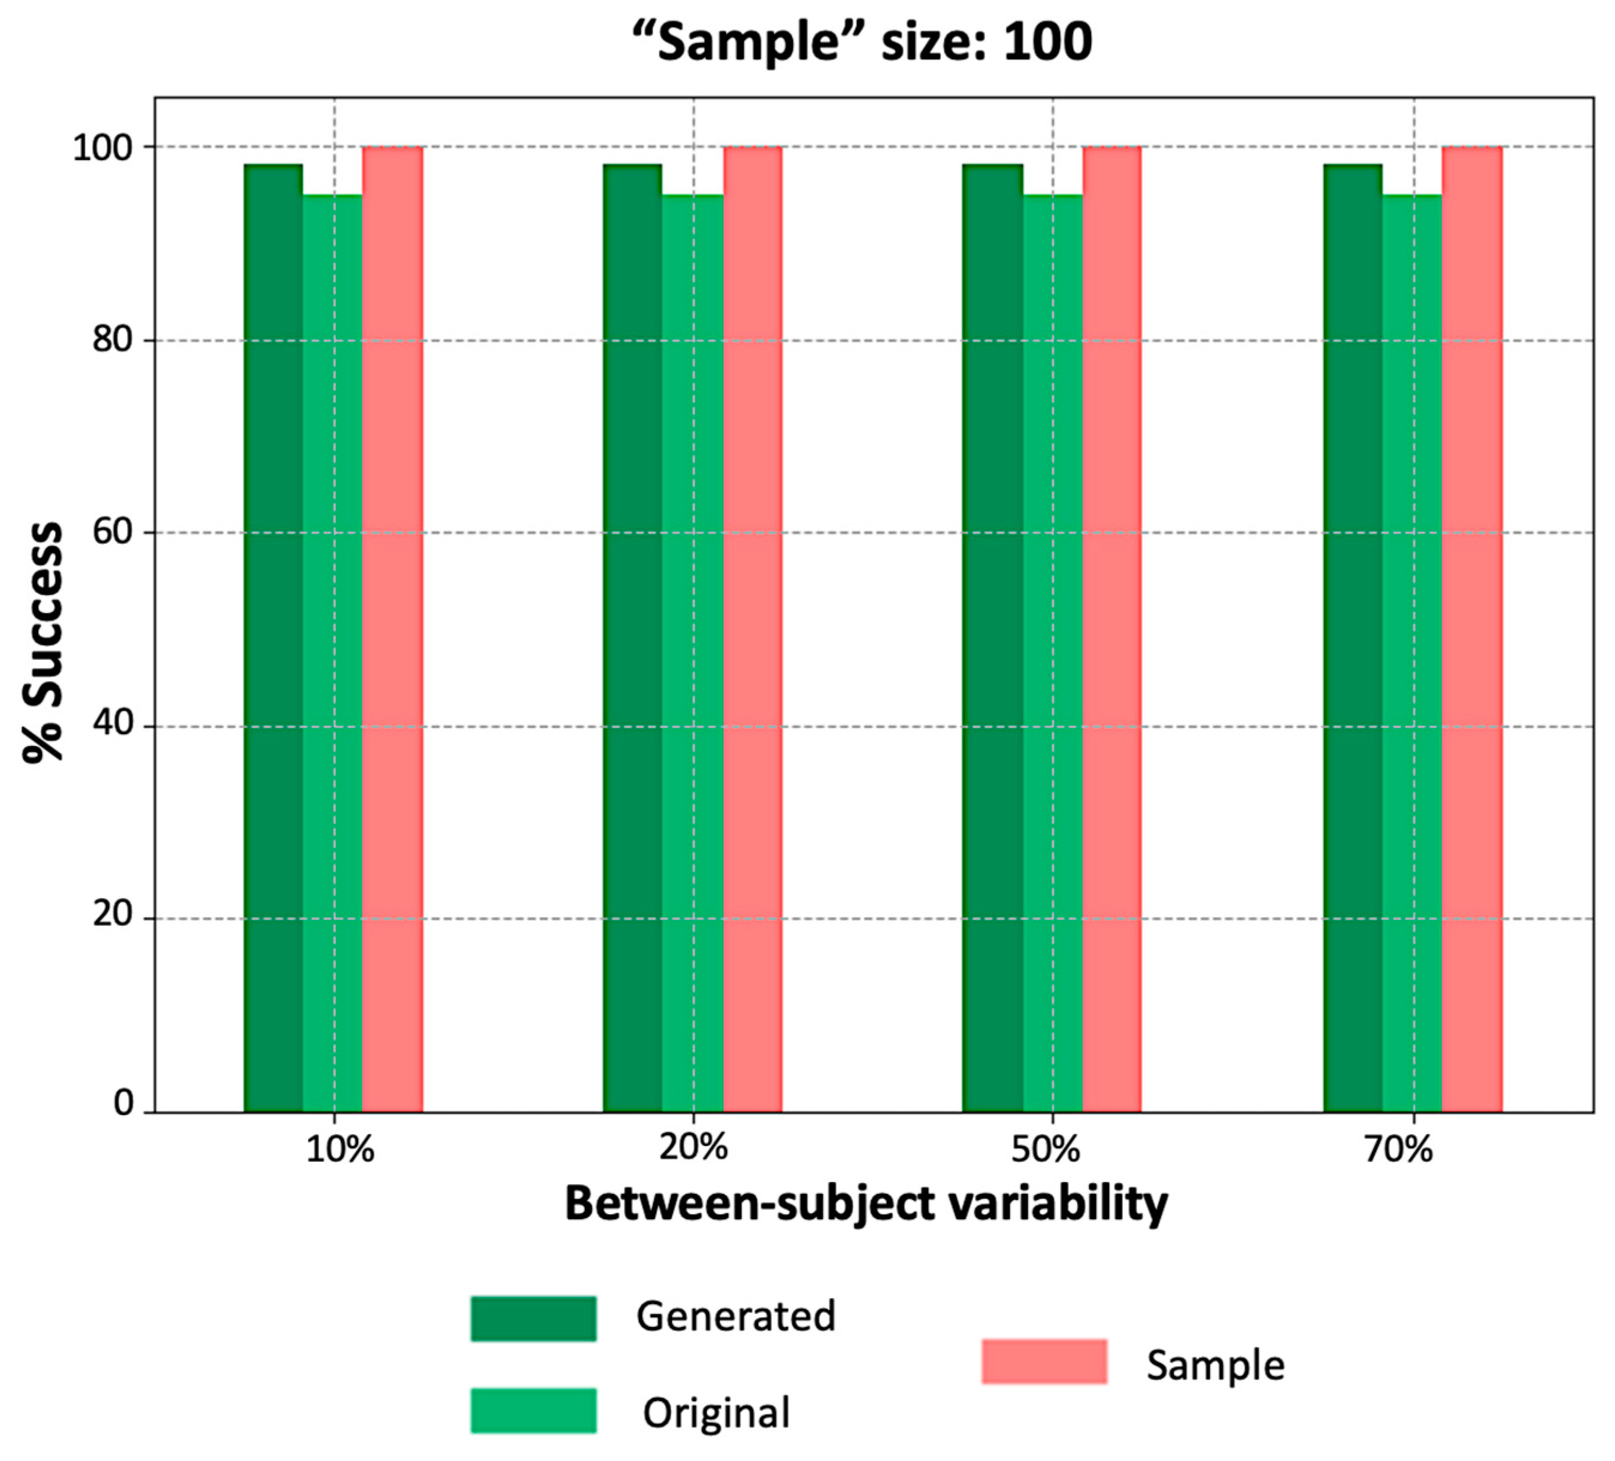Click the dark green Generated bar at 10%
(x=273, y=638)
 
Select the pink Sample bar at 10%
(x=393, y=629)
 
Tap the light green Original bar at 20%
(x=693, y=654)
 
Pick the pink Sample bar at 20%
(x=753, y=629)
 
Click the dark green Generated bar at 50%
(x=993, y=638)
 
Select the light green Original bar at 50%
(x=1053, y=654)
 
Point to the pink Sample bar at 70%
(x=1472, y=629)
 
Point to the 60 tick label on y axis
(x=111, y=533)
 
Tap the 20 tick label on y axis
(x=111, y=915)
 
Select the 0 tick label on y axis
(x=123, y=1104)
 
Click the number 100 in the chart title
(x=1048, y=42)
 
